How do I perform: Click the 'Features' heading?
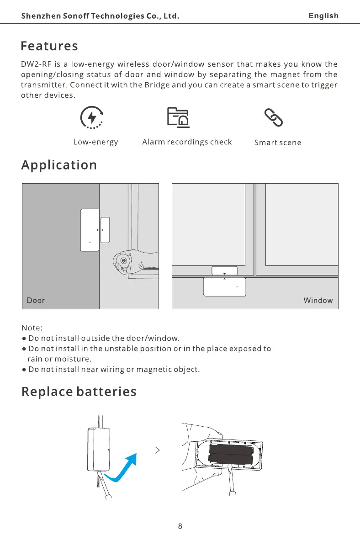(49, 46)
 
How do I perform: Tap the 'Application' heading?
(59, 165)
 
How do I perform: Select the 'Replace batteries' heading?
(79, 392)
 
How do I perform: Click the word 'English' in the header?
(323, 16)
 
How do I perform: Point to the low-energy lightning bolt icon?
(91, 118)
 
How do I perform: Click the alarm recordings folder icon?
(178, 118)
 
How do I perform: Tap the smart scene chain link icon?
(274, 118)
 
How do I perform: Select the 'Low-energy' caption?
(95, 142)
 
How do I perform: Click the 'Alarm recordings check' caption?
(187, 142)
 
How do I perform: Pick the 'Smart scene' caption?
(278, 143)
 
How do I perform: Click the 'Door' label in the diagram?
(36, 301)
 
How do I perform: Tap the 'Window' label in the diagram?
(318, 301)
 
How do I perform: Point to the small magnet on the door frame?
(106, 230)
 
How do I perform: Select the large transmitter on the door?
(90, 230)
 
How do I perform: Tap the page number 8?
(180, 526)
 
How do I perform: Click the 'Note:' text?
(32, 328)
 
